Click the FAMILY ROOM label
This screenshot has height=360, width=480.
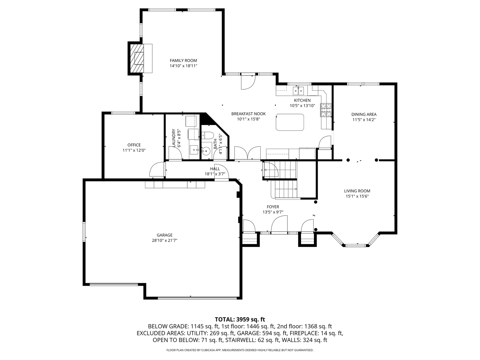coord(183,61)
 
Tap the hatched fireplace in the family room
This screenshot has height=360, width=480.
coord(137,58)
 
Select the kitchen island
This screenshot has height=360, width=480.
coord(290,122)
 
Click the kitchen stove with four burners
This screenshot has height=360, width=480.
coord(326,110)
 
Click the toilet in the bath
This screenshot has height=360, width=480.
coord(208,135)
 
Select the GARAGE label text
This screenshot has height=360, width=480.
coord(165,235)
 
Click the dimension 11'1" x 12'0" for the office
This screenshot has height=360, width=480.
coord(134,150)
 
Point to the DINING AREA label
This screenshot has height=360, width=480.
coord(364,114)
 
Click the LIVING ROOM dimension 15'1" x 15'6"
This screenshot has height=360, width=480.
coord(357,196)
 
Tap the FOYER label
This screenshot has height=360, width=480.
coord(273,207)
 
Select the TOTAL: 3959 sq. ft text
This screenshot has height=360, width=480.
coord(240,319)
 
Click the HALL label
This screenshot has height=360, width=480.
coord(215,169)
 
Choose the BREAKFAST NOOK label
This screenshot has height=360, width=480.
coord(248,114)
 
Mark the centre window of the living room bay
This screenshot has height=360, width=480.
coord(356,245)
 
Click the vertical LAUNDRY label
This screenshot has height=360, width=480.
coord(174,138)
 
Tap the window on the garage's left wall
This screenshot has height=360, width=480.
coord(84,231)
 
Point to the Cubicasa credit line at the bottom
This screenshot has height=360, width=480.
coord(240,350)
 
